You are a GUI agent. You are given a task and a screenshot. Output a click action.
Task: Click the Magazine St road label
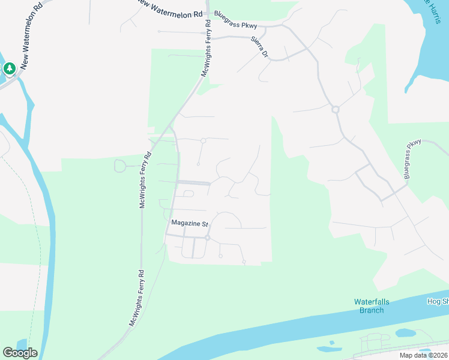click(x=189, y=223)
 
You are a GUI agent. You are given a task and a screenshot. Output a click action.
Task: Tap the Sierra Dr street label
click(x=259, y=47)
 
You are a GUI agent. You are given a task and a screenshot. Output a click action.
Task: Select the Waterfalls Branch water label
click(x=372, y=305)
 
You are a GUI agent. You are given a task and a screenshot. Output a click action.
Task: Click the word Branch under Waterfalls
click(x=372, y=310)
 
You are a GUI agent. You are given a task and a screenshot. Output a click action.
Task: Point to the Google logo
click(x=20, y=353)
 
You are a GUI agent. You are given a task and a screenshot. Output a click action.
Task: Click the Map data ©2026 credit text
click(x=423, y=355)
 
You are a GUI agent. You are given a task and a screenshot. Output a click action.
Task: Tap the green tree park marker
click(x=10, y=69)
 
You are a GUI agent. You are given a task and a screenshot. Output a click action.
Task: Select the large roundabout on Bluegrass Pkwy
click(x=336, y=109)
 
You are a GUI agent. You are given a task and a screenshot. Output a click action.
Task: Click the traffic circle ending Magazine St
click(x=207, y=238)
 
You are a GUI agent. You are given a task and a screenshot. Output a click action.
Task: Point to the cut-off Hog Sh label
click(x=438, y=301)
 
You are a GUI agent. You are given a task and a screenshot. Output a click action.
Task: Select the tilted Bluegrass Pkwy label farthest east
click(x=414, y=159)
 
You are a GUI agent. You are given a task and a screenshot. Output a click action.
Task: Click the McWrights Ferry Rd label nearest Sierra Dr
click(x=205, y=49)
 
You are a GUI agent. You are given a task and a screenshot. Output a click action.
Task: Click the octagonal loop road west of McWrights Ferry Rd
click(x=120, y=166)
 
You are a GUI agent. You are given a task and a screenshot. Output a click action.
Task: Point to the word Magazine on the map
click(x=185, y=223)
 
